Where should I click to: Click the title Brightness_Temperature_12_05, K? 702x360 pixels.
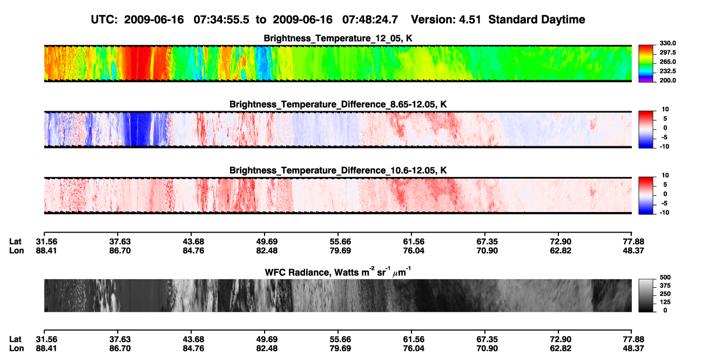[x=338, y=38]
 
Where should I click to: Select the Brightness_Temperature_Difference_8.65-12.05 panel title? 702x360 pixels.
[x=338, y=104]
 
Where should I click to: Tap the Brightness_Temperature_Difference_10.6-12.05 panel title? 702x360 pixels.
[x=338, y=171]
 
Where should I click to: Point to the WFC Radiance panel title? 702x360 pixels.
[x=338, y=271]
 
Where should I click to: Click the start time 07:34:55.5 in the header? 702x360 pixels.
[x=221, y=20]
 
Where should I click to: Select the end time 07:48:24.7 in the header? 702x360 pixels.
[x=370, y=20]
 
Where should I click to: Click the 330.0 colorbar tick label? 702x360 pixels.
[x=667, y=43]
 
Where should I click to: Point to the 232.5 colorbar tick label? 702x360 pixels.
[x=667, y=71]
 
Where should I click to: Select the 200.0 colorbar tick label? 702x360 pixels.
[x=667, y=80]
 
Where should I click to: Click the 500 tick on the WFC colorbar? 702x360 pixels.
[x=665, y=277]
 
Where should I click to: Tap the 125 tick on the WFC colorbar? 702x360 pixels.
[x=665, y=302]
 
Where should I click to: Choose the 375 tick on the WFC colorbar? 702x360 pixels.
[x=665, y=286]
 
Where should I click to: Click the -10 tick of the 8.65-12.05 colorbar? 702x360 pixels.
[x=664, y=147]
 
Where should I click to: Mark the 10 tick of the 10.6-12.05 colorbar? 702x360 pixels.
[x=665, y=175]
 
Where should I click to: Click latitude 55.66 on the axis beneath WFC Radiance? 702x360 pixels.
[x=340, y=339]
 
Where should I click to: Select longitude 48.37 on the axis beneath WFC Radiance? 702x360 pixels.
[x=633, y=349]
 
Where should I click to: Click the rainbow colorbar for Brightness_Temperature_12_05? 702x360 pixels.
[x=646, y=64]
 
